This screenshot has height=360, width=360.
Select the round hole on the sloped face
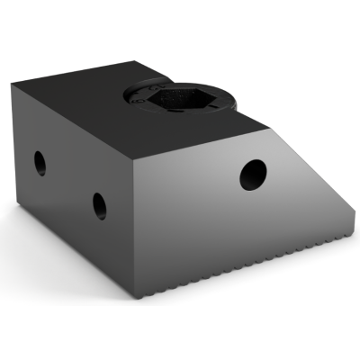pyautogui.click(x=254, y=173)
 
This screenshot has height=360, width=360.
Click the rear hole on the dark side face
pyautogui.click(x=40, y=163)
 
